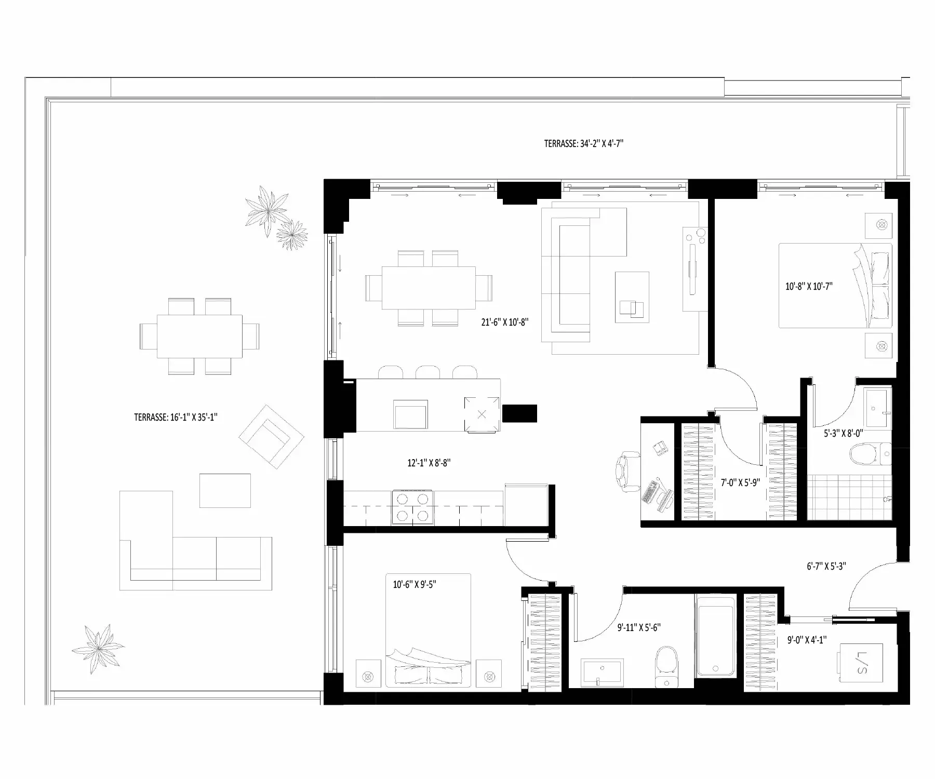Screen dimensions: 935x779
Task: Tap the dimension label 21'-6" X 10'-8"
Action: coord(504,322)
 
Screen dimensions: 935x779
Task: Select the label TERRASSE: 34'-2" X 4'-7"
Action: coord(583,144)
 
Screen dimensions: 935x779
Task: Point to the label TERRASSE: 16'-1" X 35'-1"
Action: coord(176,417)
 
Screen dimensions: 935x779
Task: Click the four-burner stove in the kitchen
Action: coord(412,506)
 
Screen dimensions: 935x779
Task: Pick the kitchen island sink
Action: coord(411,415)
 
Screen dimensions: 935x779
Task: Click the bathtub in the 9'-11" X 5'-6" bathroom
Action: coord(715,636)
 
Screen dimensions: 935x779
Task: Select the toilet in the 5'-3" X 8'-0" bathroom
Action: coord(870,454)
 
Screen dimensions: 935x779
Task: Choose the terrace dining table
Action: coord(199,336)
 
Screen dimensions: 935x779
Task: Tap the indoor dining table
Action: coord(429,288)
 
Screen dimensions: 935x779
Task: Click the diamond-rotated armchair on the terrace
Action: coord(271,437)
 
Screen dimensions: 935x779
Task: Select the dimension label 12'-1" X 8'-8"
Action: coord(429,463)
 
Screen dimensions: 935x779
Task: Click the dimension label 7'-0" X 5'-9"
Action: coord(740,482)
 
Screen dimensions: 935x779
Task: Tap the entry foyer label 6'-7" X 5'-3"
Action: coord(826,566)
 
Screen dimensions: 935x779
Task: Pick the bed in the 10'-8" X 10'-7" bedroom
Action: coord(835,286)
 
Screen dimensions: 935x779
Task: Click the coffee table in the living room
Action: coord(632,297)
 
